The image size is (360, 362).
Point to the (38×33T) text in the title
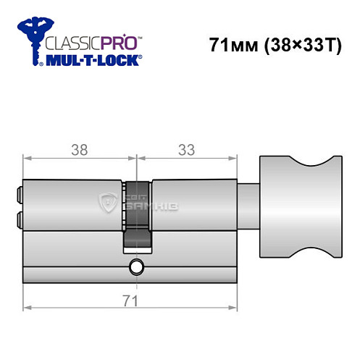point(300,46)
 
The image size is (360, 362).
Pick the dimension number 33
point(187,150)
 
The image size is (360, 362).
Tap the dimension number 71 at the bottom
point(131,299)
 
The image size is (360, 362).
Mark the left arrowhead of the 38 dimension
point(27,159)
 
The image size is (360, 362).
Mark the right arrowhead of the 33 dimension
point(235,159)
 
